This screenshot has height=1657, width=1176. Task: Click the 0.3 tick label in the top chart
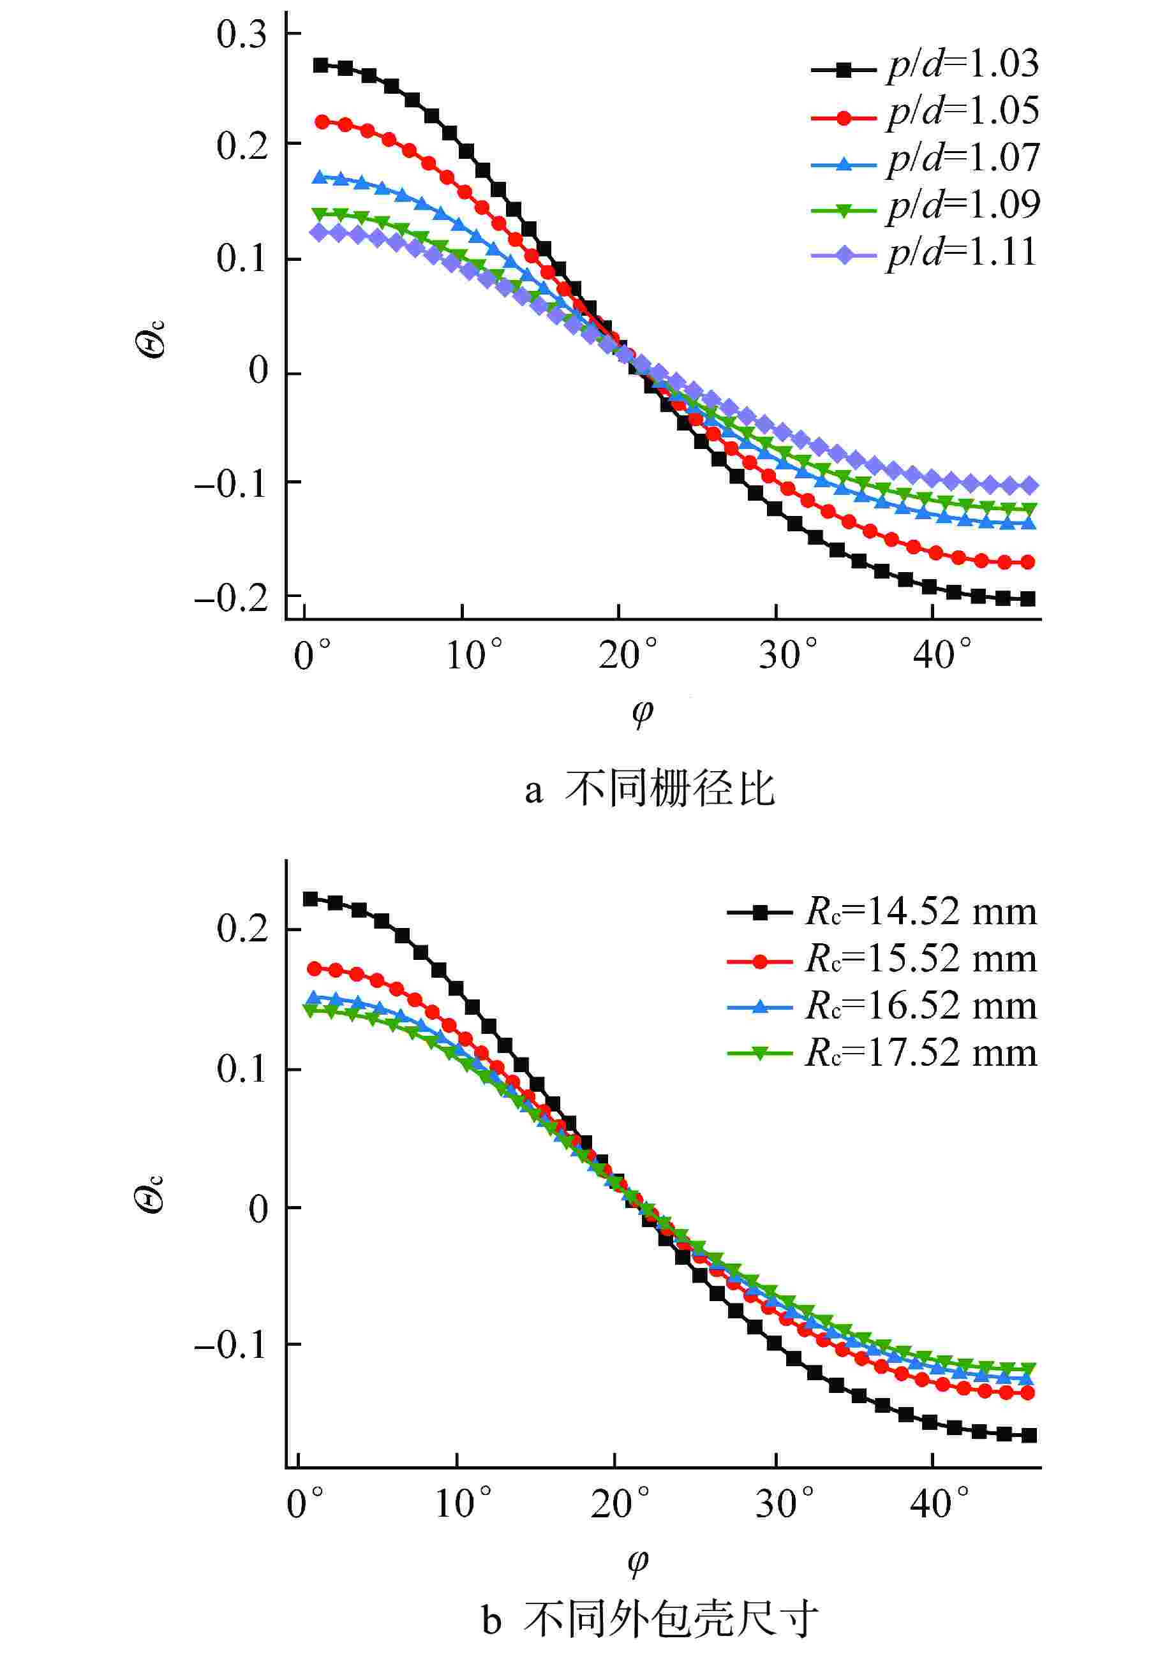coord(242,34)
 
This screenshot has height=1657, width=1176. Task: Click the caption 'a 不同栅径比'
coord(650,789)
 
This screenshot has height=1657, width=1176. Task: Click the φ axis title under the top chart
coord(641,712)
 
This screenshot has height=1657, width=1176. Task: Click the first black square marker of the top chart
coord(321,65)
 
